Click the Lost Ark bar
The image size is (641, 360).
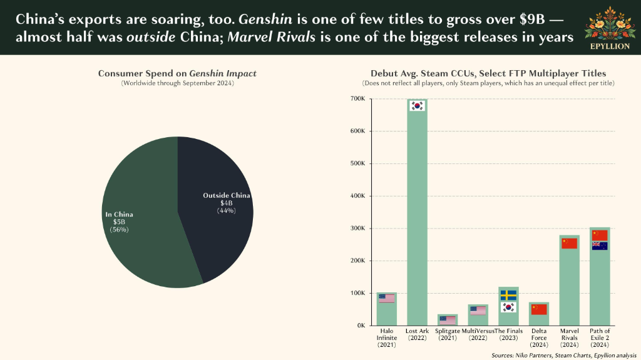(x=417, y=212)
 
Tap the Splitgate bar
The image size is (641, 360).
(x=447, y=320)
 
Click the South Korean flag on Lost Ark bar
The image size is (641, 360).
(x=417, y=106)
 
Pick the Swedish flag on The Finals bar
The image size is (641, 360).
(x=508, y=295)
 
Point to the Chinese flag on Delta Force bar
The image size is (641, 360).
(x=539, y=310)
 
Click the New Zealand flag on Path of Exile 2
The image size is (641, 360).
(x=600, y=246)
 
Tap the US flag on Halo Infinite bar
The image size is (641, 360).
(x=386, y=299)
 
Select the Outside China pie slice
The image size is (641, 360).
(x=215, y=208)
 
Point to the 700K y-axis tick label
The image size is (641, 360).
(x=357, y=98)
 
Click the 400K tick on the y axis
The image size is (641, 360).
(x=357, y=196)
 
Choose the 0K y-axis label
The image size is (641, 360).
(x=361, y=326)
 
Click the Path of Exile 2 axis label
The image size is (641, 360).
(x=600, y=338)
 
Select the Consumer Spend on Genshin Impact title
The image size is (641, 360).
(x=177, y=74)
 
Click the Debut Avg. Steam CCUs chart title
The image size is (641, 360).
(x=488, y=74)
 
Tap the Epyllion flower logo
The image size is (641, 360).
(x=610, y=24)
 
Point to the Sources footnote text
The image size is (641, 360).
(x=564, y=355)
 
